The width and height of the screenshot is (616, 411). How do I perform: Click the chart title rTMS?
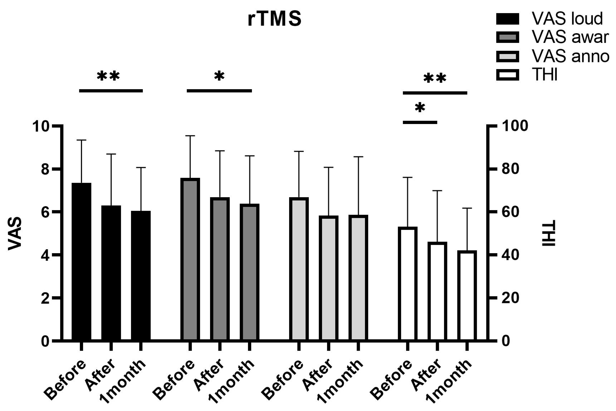tap(274, 19)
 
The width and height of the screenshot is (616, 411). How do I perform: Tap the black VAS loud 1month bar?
tap(141, 275)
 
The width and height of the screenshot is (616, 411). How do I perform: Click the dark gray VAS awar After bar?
tap(220, 269)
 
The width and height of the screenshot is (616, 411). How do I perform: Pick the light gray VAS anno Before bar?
tap(299, 269)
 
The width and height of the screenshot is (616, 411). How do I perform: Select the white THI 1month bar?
tap(467, 296)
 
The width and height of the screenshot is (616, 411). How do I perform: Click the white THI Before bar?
tap(407, 284)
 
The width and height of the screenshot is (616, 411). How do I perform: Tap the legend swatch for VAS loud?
tap(507, 19)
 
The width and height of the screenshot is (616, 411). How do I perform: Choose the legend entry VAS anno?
tap(570, 56)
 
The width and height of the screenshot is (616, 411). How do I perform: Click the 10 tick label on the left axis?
tap(41, 126)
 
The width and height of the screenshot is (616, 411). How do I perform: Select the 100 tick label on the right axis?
tap(515, 126)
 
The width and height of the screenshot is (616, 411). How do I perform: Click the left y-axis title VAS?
tap(15, 233)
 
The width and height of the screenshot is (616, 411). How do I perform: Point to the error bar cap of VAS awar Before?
tap(190, 136)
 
